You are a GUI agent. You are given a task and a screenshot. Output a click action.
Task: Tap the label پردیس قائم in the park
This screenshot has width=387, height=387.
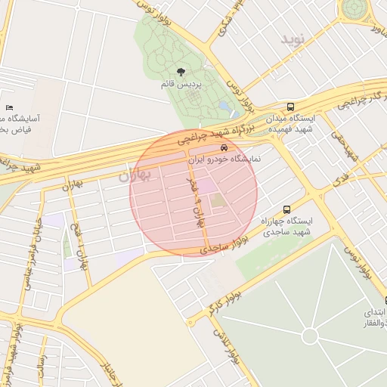182,85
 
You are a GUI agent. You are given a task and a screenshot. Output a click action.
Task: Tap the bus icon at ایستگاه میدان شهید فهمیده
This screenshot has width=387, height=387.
291,107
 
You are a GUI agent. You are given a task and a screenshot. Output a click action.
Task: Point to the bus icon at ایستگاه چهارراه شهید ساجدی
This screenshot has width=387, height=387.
286,209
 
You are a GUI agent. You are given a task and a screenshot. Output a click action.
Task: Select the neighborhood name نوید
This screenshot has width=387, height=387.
294,38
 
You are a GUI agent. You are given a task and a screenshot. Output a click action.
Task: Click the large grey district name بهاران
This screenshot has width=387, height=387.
135,175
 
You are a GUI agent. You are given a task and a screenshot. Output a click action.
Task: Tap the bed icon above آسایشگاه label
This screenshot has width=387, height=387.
9,107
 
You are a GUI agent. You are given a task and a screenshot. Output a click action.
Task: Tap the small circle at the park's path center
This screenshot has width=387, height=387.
310,336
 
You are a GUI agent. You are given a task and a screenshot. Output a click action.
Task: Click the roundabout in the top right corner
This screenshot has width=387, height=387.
353,9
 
